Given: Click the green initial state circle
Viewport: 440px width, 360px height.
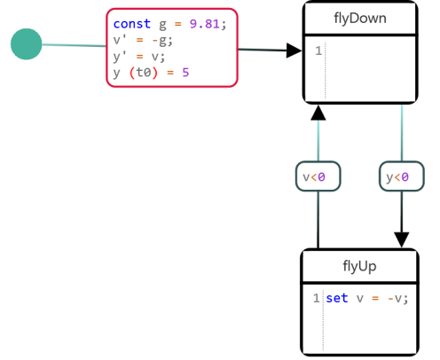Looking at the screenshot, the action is coord(27,44).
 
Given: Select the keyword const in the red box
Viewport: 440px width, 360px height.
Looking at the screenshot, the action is coord(132,24).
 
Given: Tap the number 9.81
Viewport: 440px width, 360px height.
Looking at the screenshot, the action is coord(205,24).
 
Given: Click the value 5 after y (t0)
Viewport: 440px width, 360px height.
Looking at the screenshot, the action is coord(185,73).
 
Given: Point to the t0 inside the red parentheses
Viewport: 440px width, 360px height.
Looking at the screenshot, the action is coord(144,73).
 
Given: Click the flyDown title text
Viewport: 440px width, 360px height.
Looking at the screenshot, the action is coord(360,19).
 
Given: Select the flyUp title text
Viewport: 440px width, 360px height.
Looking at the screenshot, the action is coord(359,266).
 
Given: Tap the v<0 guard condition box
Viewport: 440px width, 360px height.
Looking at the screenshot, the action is coord(318,176).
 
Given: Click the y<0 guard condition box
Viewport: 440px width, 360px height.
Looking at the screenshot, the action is coord(402,176).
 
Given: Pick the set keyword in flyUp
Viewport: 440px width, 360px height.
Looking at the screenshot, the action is coord(337,298).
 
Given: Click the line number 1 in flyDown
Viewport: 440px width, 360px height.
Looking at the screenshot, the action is coord(318,51).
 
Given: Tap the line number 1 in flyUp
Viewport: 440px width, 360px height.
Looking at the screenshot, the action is coord(317,298).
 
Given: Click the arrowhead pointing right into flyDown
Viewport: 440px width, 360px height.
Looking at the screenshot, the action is coord(294,51).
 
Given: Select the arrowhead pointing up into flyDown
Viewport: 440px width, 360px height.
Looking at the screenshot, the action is coord(318,113).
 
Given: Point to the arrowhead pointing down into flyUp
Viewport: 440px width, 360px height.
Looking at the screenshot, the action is coord(402,239).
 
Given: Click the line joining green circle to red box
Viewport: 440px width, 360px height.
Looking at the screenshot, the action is coord(74,45).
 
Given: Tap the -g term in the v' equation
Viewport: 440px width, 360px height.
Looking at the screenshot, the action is coord(159,40).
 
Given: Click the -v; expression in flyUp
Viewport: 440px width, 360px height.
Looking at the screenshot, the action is coord(397,298).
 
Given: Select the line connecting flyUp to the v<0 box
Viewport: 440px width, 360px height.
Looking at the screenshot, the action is coord(318,220).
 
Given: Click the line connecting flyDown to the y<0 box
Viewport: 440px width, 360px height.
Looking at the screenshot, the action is coord(402,133).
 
